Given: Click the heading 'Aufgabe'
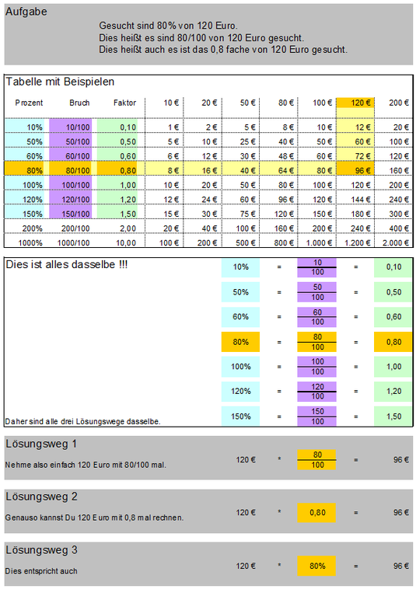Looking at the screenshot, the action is point(26,12).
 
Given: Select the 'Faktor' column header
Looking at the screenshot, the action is point(124,103).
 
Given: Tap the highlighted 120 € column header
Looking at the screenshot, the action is point(355,103).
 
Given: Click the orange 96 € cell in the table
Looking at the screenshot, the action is point(355,170).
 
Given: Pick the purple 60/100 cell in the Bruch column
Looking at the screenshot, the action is point(71,156).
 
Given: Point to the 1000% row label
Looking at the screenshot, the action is point(30,243).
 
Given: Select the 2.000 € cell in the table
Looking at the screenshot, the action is point(395,243).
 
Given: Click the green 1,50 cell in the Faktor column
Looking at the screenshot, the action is point(117,214).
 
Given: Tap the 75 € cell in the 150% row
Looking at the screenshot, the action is point(247,214).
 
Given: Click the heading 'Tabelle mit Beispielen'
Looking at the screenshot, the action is point(60,82).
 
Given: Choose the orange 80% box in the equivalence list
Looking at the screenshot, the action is point(240,342).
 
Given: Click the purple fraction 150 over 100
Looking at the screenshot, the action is point(316,416).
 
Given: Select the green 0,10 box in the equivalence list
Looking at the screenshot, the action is point(393,267).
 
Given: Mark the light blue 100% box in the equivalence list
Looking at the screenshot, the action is point(240,367).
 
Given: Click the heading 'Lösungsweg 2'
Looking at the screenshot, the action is point(41,497).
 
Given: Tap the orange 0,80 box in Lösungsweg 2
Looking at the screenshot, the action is point(316,512).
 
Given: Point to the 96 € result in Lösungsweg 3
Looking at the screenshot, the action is point(401,566).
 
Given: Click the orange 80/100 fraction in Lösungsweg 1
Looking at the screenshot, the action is point(316,459).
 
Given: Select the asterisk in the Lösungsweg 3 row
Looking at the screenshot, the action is point(279,565).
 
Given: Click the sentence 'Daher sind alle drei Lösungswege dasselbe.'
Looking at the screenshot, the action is point(82,421).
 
